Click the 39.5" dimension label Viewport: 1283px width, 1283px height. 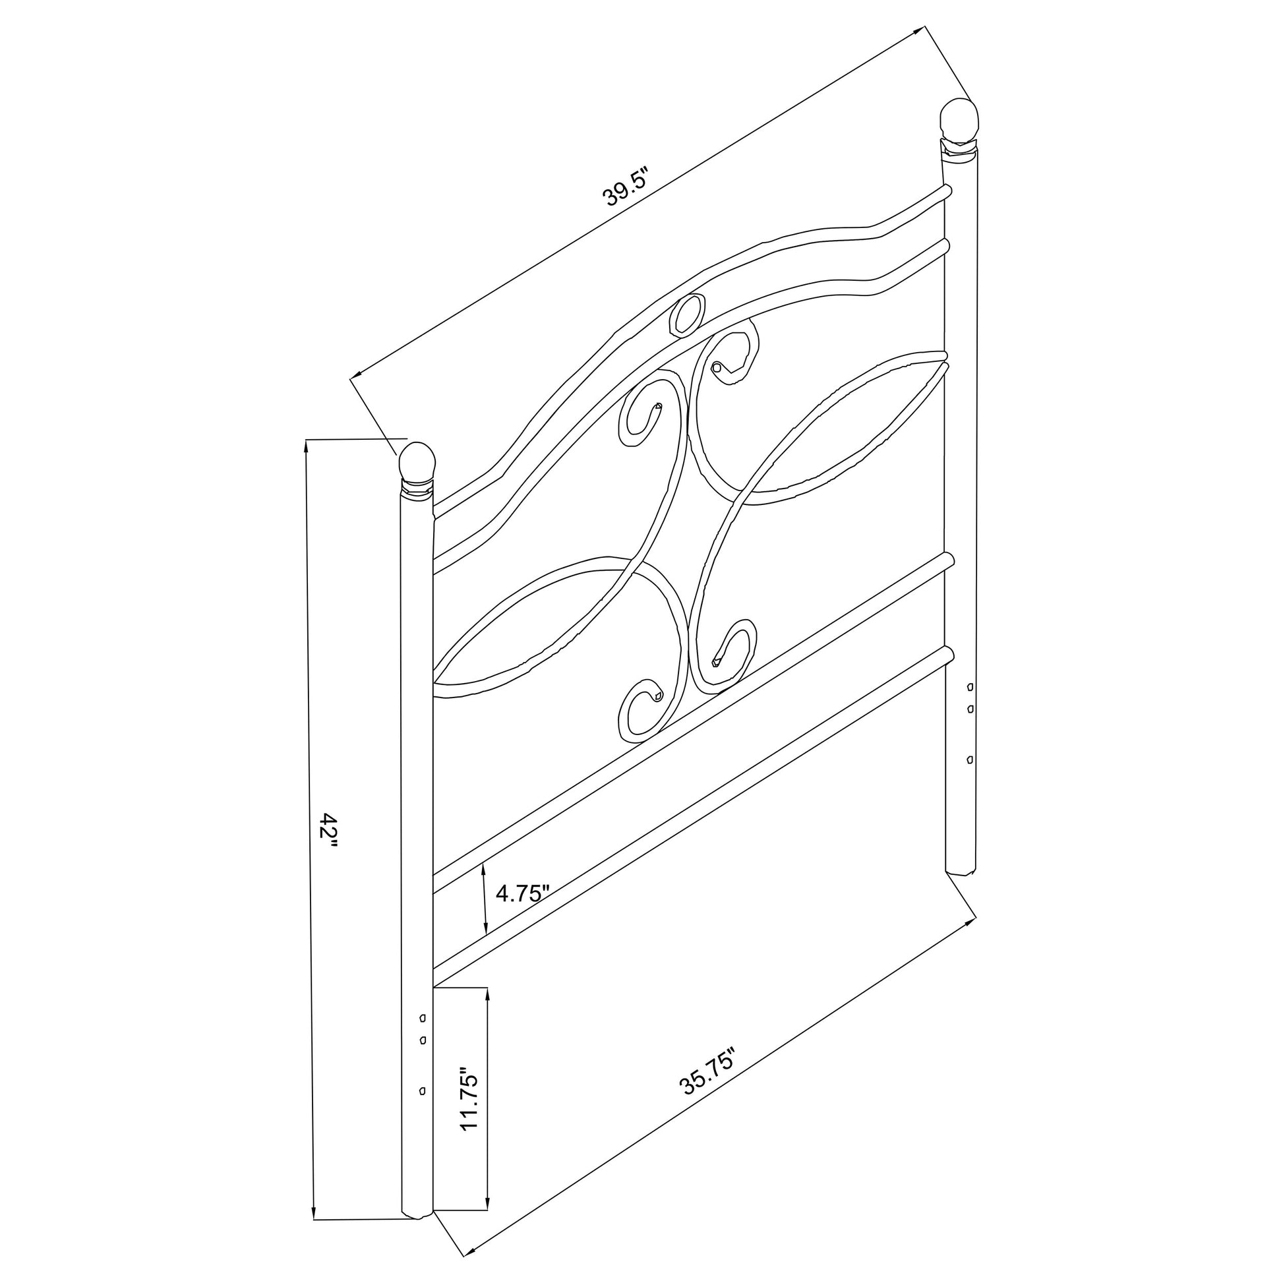click(624, 187)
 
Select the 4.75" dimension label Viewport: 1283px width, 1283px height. click(523, 893)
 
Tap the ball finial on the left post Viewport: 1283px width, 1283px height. click(417, 463)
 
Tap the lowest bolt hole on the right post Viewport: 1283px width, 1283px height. click(970, 759)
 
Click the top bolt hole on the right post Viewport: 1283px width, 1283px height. click(970, 686)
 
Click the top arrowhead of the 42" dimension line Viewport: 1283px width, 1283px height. click(306, 446)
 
